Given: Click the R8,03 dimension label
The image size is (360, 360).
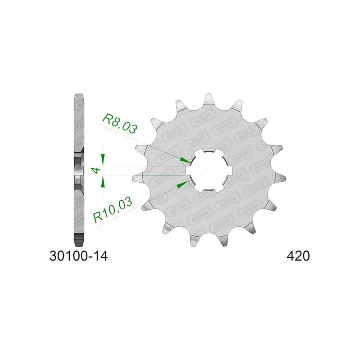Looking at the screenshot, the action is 120,123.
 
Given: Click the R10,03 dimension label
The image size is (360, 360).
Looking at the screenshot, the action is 113,210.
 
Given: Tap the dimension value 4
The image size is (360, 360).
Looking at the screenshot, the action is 96,171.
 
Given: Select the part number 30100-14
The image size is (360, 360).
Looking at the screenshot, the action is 78,256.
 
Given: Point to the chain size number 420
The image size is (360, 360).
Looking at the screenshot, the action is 298,256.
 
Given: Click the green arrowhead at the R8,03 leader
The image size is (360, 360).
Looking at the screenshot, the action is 185,161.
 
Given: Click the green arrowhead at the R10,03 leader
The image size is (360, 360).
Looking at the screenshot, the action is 182,184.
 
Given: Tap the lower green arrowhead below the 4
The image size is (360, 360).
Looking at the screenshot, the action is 103,182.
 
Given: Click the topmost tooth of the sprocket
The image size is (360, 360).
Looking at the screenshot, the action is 208,99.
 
